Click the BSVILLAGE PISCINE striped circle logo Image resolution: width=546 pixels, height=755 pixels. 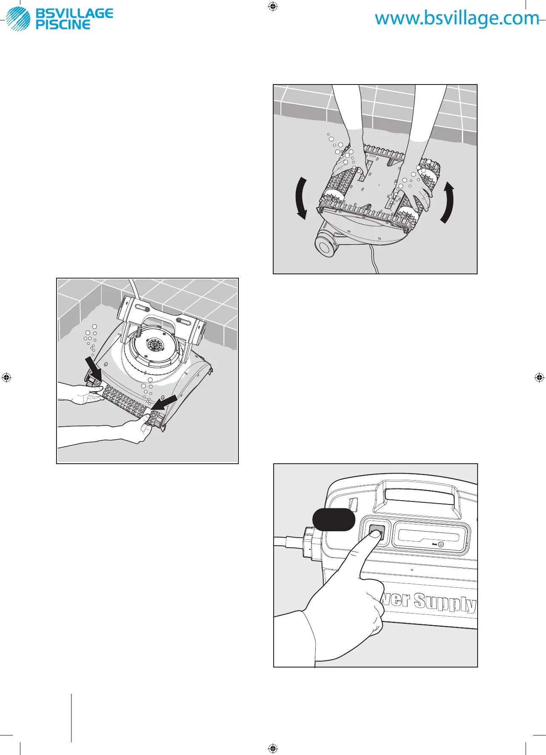(18, 19)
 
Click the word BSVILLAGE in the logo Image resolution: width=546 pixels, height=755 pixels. (74, 14)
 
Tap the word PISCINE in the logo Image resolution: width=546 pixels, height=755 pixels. (63, 25)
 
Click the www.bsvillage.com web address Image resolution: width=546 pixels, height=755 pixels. (457, 18)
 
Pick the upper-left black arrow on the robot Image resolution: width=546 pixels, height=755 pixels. (93, 368)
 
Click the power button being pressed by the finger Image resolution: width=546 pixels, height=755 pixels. (376, 532)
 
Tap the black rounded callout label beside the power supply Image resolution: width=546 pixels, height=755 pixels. (334, 520)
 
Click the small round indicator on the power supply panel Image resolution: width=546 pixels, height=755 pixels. (441, 544)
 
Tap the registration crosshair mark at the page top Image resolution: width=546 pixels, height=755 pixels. (273, 6)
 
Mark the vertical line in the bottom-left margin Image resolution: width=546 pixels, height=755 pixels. (71, 718)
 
